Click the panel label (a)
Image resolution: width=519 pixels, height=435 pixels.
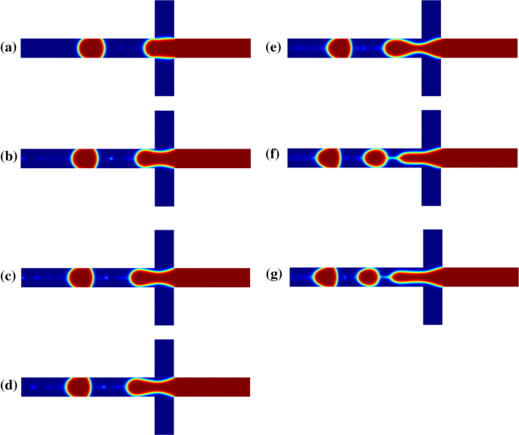coord(9,48)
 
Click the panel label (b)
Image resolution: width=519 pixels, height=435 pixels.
coord(9,159)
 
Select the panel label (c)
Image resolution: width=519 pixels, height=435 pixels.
coord(9,278)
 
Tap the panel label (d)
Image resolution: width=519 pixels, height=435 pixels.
coord(9,387)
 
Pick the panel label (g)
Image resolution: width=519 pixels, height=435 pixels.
coord(275,276)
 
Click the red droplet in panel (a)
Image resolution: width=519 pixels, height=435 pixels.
coord(91,49)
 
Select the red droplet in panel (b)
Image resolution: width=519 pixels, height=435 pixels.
coord(85,159)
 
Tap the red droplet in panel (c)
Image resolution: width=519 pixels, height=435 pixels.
coord(80,278)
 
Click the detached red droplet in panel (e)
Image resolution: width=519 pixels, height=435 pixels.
coord(339,49)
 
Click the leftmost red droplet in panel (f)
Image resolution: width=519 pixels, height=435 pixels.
coord(328,158)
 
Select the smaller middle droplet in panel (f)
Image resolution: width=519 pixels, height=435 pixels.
coord(375,158)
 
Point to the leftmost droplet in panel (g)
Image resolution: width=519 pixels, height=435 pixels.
coord(326,277)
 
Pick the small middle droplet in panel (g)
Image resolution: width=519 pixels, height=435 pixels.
coord(368,277)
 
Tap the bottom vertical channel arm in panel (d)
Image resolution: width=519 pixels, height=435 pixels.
coord(164,416)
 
